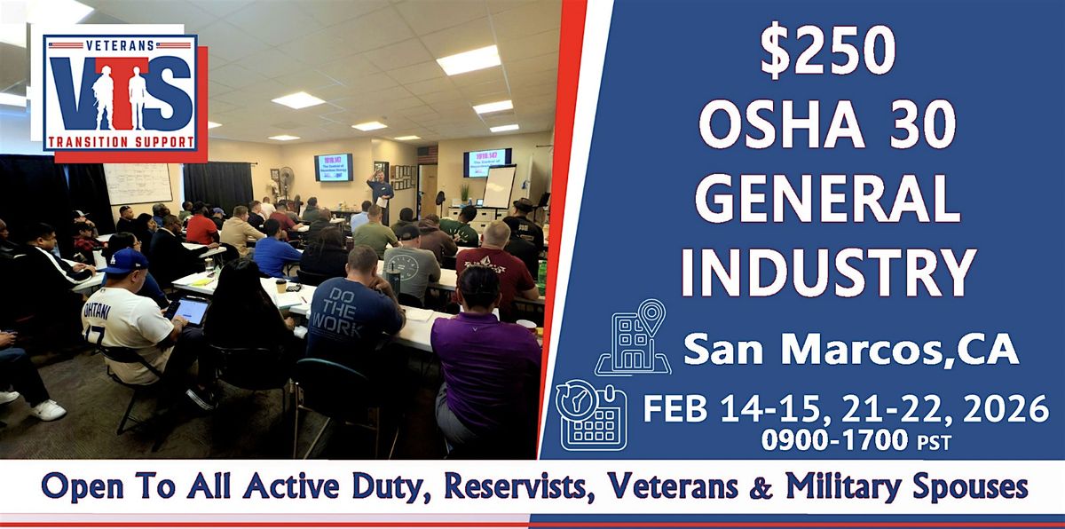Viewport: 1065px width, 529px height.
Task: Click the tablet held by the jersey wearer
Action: click(189, 310)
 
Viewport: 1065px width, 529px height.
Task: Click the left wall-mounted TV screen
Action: click(334, 166)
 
